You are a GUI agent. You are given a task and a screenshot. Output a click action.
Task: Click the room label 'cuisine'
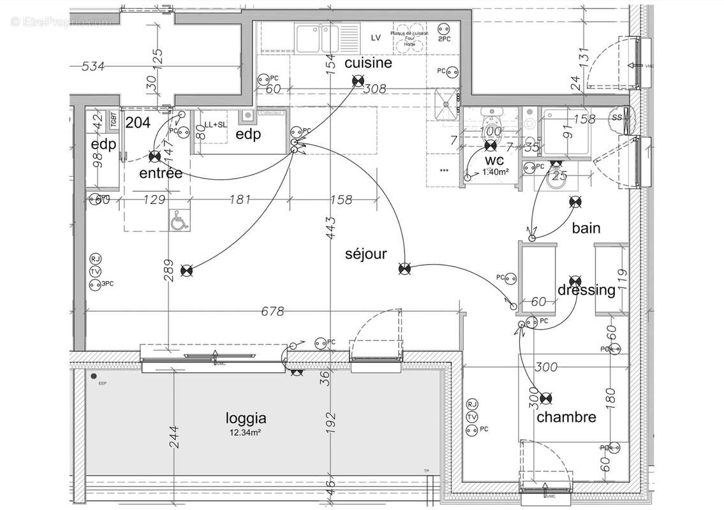[368, 63]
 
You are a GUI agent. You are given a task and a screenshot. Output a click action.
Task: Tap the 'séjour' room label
[366, 254]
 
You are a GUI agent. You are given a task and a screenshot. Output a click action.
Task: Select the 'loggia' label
[246, 419]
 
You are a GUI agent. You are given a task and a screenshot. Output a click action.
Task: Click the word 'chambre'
[566, 417]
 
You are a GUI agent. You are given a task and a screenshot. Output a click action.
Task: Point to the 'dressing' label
[586, 291]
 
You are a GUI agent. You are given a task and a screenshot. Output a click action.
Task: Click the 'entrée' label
[161, 173]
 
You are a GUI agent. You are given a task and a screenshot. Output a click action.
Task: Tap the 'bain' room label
[586, 228]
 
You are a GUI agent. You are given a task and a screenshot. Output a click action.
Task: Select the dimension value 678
[272, 311]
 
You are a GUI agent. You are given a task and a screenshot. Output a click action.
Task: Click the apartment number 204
[137, 123]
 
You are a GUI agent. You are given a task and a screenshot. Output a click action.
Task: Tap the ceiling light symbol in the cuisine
[358, 80]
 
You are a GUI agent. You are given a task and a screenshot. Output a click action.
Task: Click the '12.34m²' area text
[246, 433]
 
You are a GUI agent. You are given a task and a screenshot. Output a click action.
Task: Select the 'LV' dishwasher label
[376, 38]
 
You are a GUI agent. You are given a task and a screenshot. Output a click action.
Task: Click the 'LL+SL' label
[216, 125]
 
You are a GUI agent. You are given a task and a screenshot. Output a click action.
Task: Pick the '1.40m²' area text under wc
[494, 172]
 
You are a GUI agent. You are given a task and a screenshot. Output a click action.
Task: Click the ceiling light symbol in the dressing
[575, 280]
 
